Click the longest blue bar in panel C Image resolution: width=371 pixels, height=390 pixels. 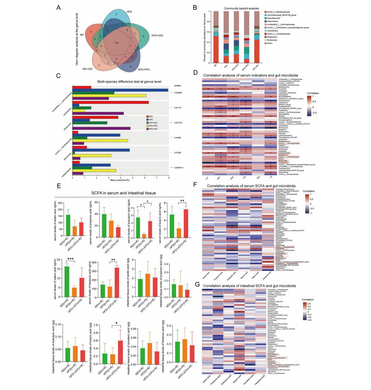pos(120,90)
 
